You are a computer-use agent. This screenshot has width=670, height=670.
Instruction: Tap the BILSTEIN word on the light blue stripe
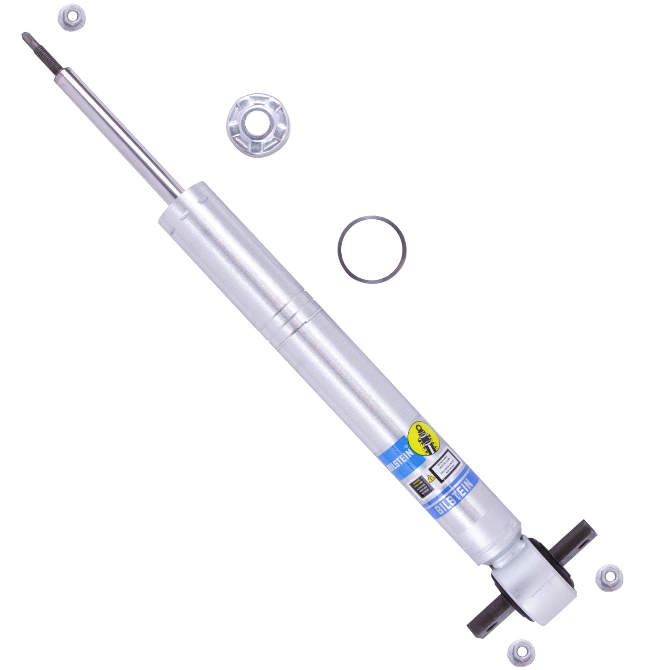click(x=454, y=496)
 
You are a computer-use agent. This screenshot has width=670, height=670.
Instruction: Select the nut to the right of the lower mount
click(x=609, y=578)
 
